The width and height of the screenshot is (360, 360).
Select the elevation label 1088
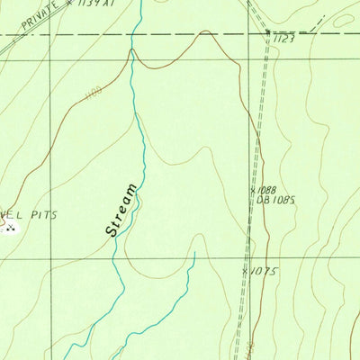pos(264,191)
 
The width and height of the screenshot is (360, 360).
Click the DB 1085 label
pos(276,201)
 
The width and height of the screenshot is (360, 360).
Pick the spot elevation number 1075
pos(262,269)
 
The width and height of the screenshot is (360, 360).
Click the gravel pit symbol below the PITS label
pos(11,229)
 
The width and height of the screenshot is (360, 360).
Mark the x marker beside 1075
pos(245,269)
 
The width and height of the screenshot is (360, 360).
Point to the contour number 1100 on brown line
pos(93,94)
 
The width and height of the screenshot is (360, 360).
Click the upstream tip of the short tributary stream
pos(194,255)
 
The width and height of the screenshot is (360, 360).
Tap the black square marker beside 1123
pos(268,33)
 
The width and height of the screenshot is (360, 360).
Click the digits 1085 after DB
pos(283,201)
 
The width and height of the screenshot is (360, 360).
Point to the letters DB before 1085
pos(263,201)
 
